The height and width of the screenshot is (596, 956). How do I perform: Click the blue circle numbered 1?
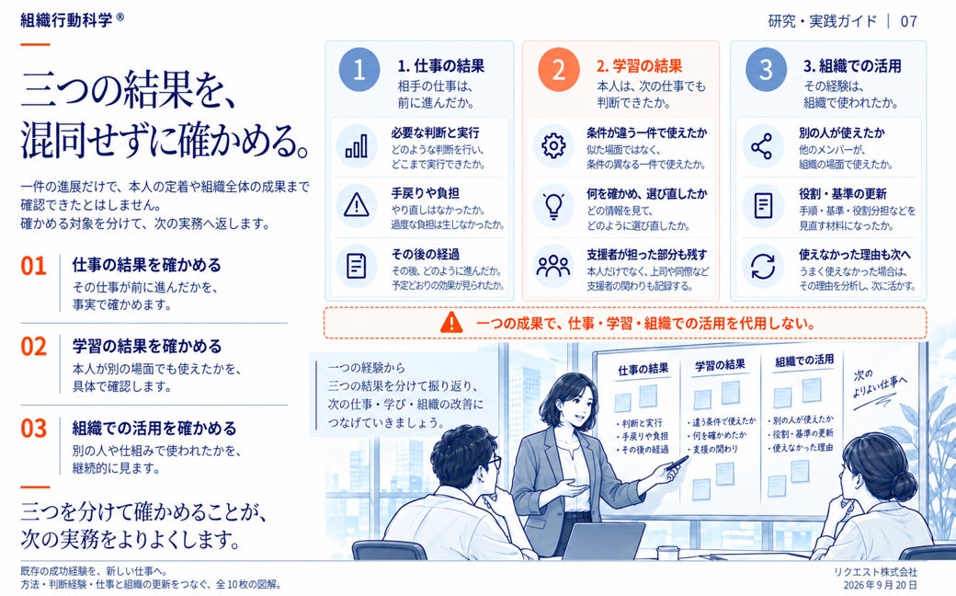(359, 70)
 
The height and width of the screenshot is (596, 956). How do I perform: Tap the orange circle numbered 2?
(559, 70)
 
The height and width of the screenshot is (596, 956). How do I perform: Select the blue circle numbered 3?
(766, 70)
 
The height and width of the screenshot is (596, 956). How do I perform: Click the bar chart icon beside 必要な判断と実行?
(357, 146)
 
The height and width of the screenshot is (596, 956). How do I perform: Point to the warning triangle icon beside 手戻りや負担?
(357, 206)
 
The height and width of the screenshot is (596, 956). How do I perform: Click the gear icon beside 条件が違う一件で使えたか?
(553, 146)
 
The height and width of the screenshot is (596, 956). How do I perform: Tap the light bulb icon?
(553, 206)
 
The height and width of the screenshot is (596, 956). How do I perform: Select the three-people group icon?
(553, 266)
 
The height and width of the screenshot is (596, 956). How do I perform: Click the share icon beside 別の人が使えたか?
(761, 146)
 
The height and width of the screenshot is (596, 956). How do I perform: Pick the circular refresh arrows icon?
(763, 266)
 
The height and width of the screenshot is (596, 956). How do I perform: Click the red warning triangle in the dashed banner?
(451, 322)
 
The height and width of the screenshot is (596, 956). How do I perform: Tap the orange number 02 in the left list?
(33, 347)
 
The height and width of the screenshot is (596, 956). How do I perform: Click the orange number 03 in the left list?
(33, 429)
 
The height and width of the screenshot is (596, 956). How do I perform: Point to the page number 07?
(908, 21)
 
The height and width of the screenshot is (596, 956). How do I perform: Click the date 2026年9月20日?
(880, 584)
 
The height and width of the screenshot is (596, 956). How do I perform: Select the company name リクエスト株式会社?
(875, 571)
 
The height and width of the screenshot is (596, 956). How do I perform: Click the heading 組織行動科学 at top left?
(66, 20)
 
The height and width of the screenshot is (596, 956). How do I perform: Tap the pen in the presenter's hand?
(677, 463)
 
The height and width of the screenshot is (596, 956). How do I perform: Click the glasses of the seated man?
(492, 462)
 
